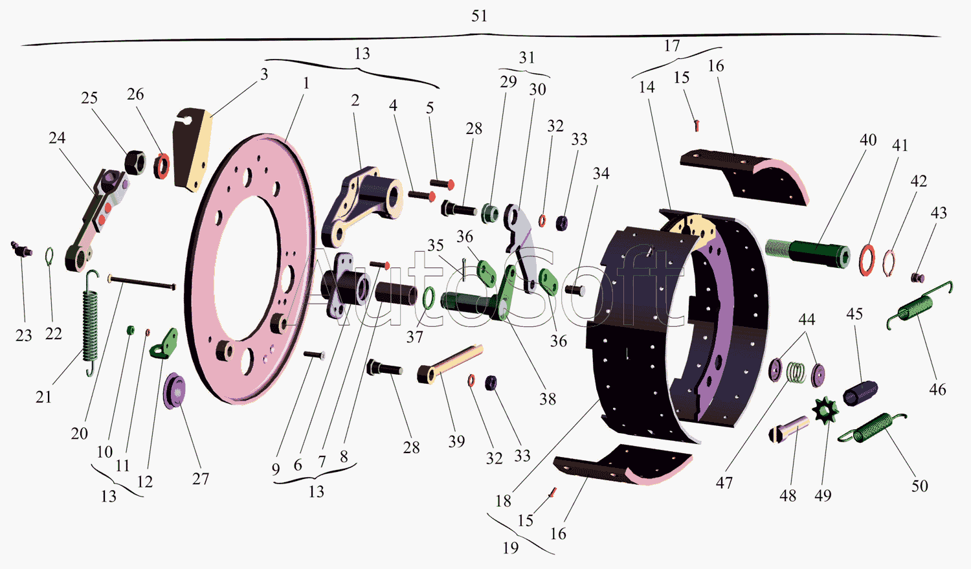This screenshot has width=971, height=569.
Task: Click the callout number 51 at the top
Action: (479, 16)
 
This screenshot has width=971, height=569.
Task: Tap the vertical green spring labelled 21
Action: (90, 323)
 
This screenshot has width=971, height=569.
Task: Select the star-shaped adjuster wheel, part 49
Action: (825, 410)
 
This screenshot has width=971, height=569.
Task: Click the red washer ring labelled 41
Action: (867, 260)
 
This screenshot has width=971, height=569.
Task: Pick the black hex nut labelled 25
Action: (135, 162)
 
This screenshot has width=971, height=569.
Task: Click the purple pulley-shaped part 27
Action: (174, 391)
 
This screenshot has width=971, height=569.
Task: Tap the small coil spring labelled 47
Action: (796, 373)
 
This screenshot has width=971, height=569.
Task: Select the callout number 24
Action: (57, 138)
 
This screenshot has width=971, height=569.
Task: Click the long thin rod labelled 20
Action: (141, 281)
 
